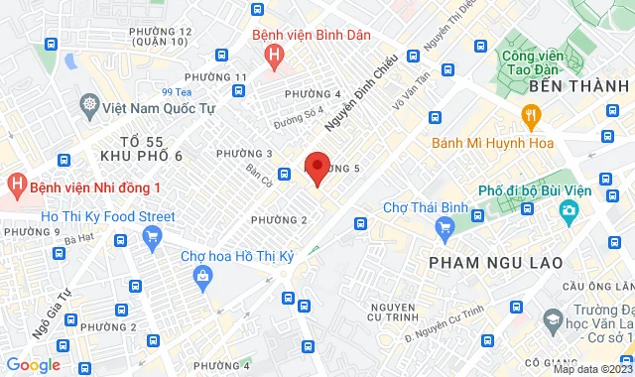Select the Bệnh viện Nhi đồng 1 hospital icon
tap(17, 185)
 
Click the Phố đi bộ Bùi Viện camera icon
tap(569, 211)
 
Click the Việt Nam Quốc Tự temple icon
tap(90, 104)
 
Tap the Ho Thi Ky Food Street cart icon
tap(152, 236)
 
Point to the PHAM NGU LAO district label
tap(495, 262)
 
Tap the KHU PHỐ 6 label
tap(142, 157)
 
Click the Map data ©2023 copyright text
tap(591, 370)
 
